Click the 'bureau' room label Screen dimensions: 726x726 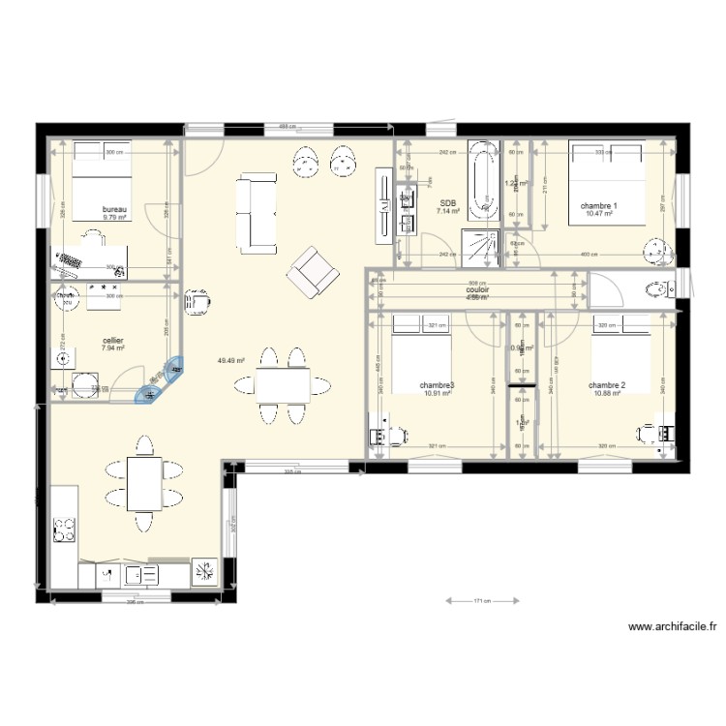[x=115, y=209]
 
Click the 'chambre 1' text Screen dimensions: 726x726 [x=598, y=206]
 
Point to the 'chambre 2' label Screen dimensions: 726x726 [x=607, y=385]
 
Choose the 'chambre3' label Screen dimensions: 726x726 [x=437, y=385]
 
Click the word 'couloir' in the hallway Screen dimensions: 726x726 [x=476, y=289]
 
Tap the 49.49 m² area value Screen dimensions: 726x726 [x=231, y=360]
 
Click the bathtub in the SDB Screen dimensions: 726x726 [x=481, y=180]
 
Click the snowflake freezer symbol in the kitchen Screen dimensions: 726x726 [x=205, y=572]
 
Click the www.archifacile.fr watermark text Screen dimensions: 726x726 [x=672, y=627]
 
